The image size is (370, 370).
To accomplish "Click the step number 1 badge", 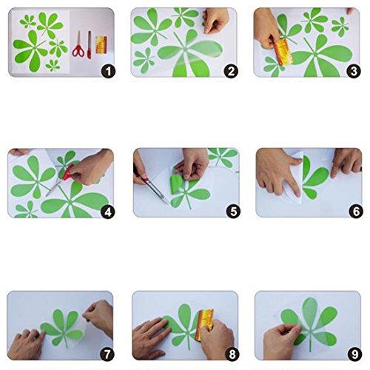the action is pyautogui.click(x=108, y=71).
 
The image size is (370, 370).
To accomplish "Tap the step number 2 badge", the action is pyautogui.click(x=231, y=71).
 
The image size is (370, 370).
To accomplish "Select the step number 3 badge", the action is pyautogui.click(x=354, y=71).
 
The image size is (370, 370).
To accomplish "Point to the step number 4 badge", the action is pyautogui.click(x=108, y=212).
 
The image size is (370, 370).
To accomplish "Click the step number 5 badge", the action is pyautogui.click(x=233, y=212).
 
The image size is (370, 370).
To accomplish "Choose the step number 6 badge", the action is pyautogui.click(x=356, y=212).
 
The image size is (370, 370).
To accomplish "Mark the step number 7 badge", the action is pyautogui.click(x=107, y=354).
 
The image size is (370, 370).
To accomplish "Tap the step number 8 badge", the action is pyautogui.click(x=232, y=354).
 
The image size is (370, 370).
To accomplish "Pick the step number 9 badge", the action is pyautogui.click(x=354, y=354).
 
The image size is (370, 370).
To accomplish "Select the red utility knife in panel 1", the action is pyautogui.click(x=89, y=45).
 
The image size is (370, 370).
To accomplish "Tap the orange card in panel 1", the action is pyautogui.click(x=101, y=44).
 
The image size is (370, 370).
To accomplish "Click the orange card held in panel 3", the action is pyautogui.click(x=283, y=53).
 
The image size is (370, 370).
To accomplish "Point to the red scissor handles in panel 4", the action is pyautogui.click(x=68, y=173).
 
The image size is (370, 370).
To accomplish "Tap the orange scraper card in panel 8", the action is pyautogui.click(x=204, y=324).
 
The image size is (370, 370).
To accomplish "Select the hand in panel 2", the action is pyautogui.click(x=215, y=20).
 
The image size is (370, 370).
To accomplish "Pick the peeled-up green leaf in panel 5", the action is pyautogui.click(x=176, y=184).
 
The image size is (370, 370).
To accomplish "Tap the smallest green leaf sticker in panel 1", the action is pyautogui.click(x=53, y=65).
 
